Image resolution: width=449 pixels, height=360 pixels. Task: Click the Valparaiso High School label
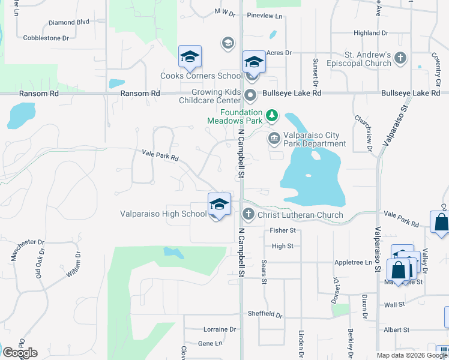[x=163, y=214]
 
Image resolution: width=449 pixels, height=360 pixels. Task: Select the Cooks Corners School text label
[x=201, y=76]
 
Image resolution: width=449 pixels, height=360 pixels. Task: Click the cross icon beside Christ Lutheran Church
[x=249, y=214]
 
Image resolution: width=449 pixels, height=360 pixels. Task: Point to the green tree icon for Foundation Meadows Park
[x=272, y=114]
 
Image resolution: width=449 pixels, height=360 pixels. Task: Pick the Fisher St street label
[x=283, y=230]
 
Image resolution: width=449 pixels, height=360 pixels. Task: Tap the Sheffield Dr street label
[x=265, y=314]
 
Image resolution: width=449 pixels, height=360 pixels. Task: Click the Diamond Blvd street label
[x=69, y=22]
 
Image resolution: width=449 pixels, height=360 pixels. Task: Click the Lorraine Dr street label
[x=220, y=329]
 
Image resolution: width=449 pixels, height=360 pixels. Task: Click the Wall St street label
[x=394, y=305]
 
